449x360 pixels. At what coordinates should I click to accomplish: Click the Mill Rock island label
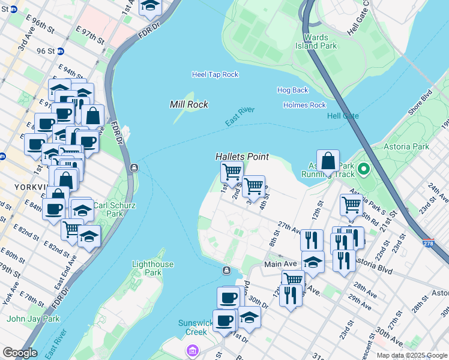click(189, 104)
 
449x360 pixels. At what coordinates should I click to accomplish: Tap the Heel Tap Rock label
click(215, 74)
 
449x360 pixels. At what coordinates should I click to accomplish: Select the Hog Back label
click(292, 90)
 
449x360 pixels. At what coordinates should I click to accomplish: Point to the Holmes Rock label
click(304, 105)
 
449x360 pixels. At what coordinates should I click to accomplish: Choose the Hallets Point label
click(242, 157)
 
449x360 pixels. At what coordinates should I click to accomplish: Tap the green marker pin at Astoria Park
click(363, 170)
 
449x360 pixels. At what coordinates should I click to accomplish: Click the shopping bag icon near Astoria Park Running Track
click(328, 161)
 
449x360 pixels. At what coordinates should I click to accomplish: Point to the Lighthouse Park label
click(153, 268)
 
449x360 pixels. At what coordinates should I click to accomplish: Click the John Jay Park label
click(34, 319)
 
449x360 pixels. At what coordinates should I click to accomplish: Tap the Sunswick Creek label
click(196, 327)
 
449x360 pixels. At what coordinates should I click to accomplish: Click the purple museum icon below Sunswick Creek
click(191, 350)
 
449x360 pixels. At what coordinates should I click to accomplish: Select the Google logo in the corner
click(20, 353)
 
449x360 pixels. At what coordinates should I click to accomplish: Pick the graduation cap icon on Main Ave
click(313, 262)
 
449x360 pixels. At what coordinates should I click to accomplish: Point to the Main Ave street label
click(281, 265)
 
